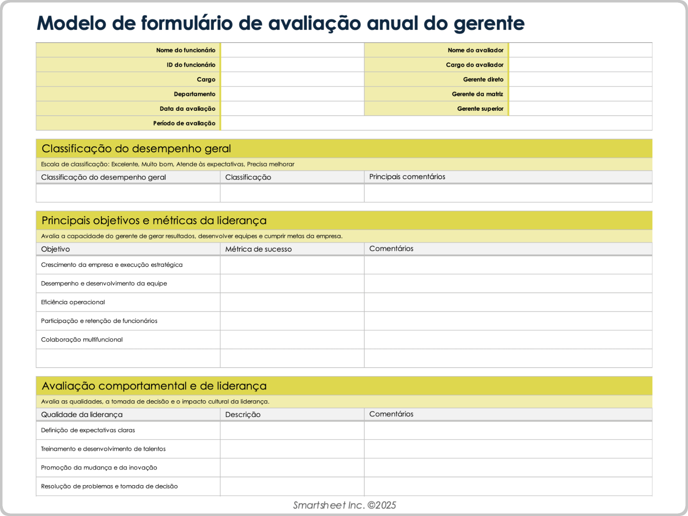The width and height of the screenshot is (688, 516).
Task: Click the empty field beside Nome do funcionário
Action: (292, 50)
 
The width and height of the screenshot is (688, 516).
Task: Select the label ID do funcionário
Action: (191, 65)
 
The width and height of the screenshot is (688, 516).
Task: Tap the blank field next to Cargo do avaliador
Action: (580, 65)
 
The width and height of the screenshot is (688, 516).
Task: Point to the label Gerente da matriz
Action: (477, 94)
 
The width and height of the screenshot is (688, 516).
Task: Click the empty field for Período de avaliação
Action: (436, 123)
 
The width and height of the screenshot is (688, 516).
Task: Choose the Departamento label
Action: (194, 94)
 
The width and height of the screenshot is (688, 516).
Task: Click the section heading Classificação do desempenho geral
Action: (136, 149)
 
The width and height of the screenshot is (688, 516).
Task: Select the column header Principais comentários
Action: (407, 177)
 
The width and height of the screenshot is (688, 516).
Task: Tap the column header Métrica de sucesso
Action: (258, 249)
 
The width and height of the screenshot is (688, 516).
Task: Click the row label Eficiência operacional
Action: (73, 302)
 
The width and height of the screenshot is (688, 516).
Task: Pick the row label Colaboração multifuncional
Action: (82, 339)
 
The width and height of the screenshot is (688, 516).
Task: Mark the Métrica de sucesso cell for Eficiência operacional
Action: (292, 302)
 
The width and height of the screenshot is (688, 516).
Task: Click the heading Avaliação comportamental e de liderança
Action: (154, 386)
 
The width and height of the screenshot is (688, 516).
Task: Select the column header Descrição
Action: (243, 415)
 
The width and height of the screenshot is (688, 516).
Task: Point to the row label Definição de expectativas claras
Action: (88, 430)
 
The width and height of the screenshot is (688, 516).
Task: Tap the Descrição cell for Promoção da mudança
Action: (292, 468)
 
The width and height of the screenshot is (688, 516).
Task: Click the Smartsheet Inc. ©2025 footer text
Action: (344, 505)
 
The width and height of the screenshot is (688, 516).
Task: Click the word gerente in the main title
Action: (489, 24)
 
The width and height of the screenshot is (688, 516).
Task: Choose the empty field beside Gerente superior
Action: (580, 109)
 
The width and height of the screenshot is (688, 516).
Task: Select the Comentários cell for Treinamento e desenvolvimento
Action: (508, 449)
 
